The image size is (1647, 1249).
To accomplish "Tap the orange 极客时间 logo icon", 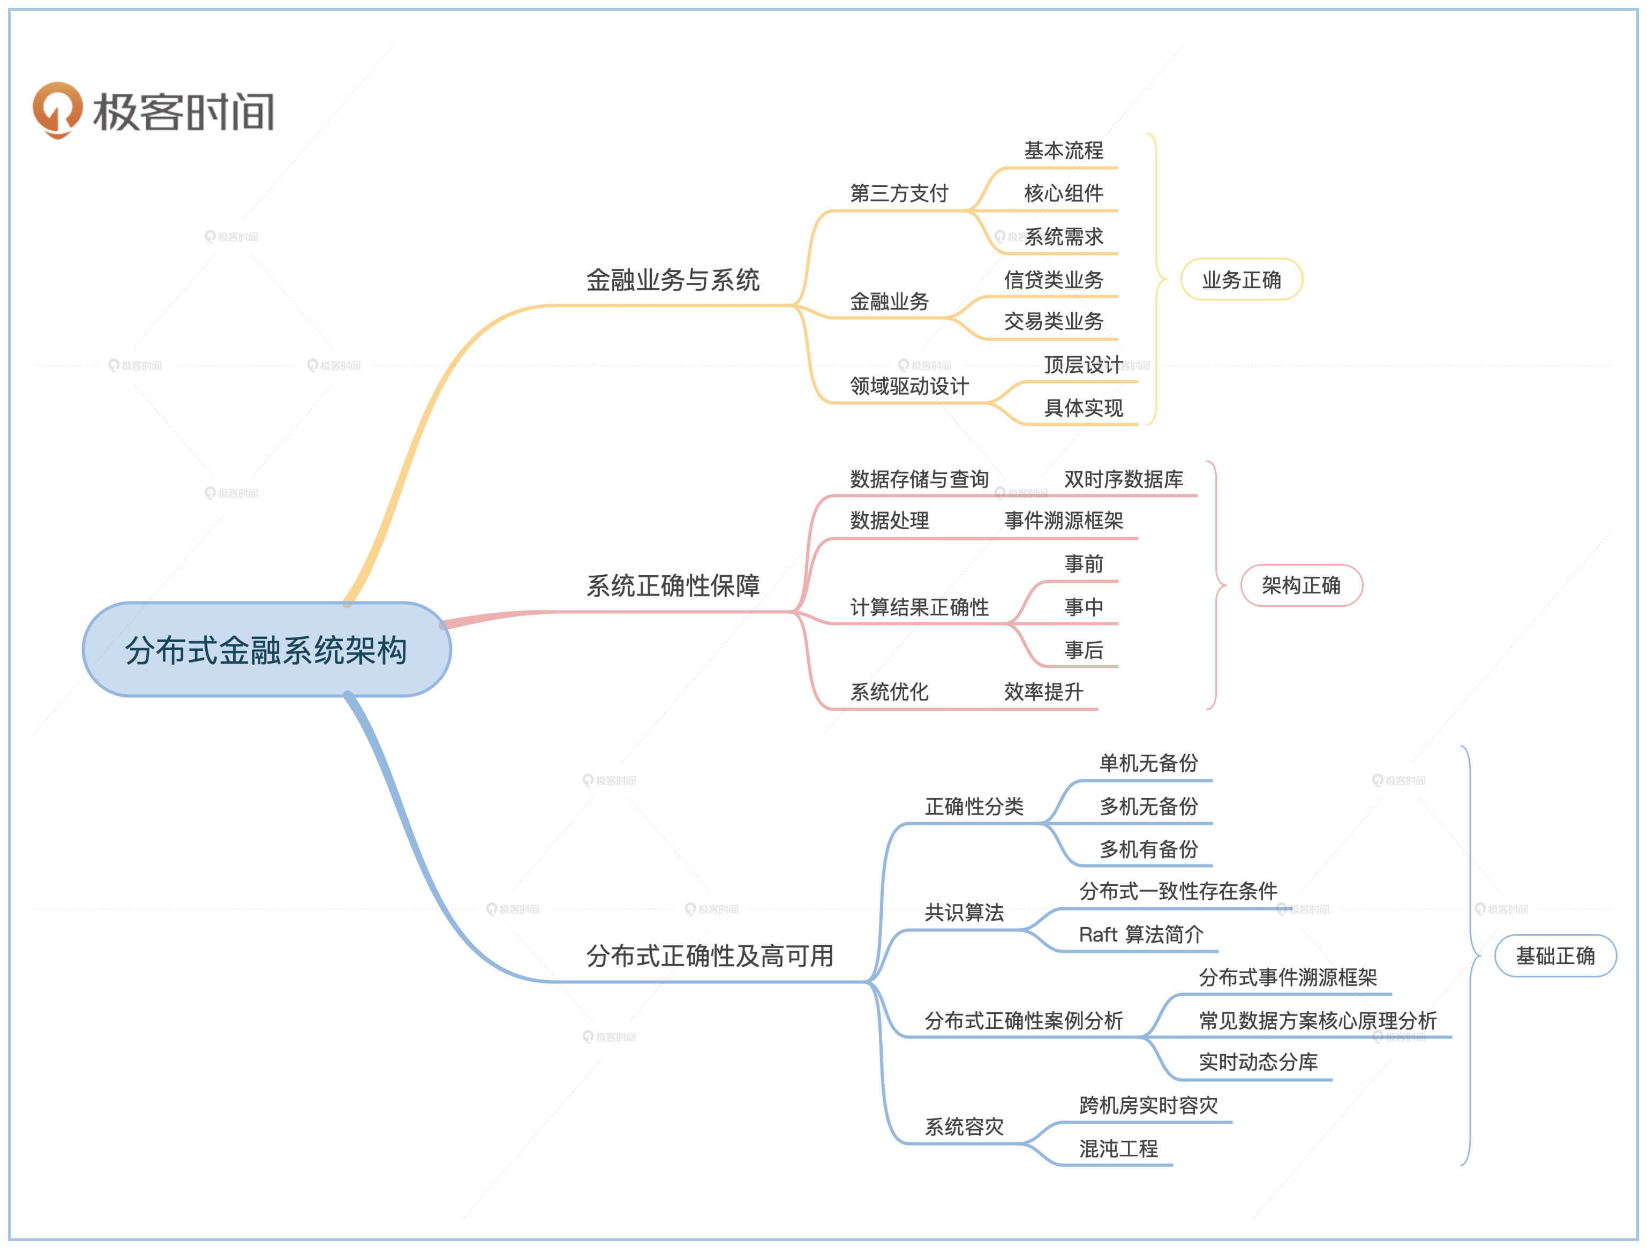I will tap(57, 109).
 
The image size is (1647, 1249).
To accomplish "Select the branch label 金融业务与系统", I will tap(672, 280).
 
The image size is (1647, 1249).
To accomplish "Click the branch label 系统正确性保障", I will tap(672, 586).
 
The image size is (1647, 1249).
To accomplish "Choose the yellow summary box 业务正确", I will tap(1241, 280).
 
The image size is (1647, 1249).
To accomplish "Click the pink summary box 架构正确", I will tap(1301, 586).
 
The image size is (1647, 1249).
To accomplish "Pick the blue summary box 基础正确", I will tap(1555, 955).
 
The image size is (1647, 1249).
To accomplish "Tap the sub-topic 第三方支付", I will tap(899, 193).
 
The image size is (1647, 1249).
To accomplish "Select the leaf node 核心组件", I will tap(1063, 193).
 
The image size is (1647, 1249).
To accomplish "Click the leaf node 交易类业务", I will tap(1053, 321).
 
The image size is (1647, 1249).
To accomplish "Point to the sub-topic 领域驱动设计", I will tap(909, 386).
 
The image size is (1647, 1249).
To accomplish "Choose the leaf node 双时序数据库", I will tap(1123, 479).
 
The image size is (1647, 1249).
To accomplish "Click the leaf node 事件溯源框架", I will tap(1063, 521).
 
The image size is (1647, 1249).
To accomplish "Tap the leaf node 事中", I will tap(1084, 607).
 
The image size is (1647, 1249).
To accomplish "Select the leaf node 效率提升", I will tap(1043, 692).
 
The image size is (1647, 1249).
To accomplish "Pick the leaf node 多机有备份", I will tap(1148, 849).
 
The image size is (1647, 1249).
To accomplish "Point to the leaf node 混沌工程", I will tap(1118, 1148).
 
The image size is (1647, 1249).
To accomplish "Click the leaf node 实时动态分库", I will tap(1258, 1062).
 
